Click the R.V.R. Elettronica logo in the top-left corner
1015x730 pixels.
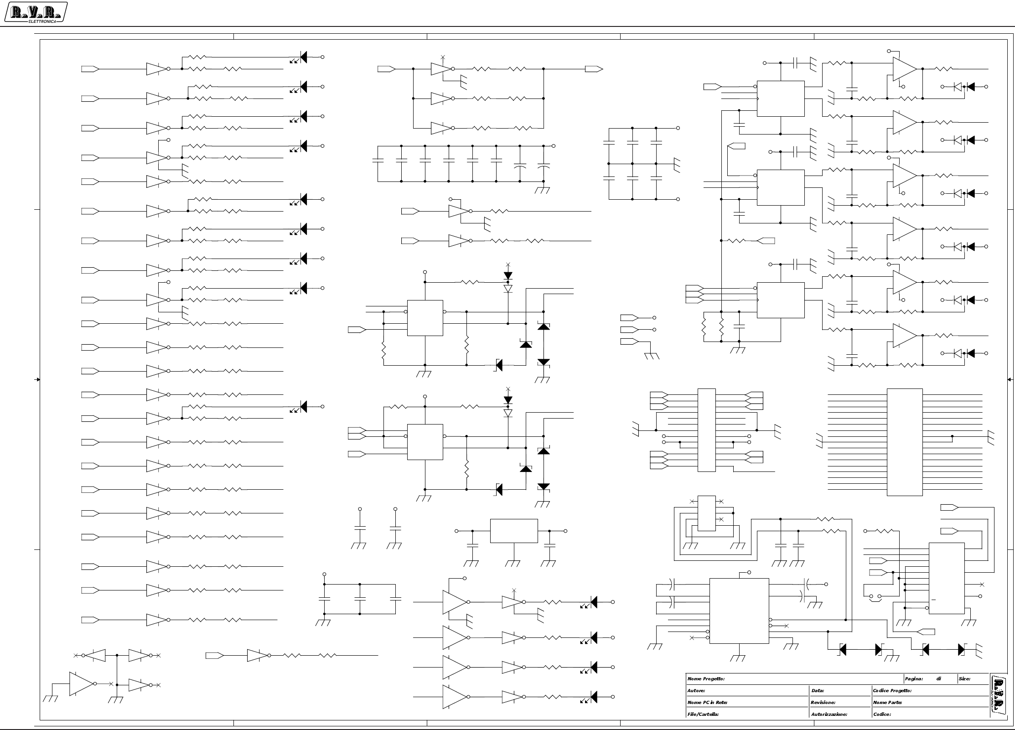[x=36, y=13]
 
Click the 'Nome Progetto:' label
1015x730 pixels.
[x=706, y=679]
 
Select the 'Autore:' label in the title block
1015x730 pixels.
[x=696, y=691]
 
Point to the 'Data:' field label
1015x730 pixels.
[x=818, y=691]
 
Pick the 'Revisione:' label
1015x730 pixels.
[x=823, y=703]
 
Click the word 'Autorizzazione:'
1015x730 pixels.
[x=829, y=714]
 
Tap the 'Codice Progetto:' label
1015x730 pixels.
[x=892, y=691]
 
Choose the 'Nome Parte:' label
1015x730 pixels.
[x=887, y=703]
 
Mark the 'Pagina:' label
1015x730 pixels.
[x=914, y=679]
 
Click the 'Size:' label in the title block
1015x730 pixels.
[x=964, y=679]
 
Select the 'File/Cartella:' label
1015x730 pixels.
[x=703, y=714]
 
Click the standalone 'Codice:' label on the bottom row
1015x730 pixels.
[x=882, y=714]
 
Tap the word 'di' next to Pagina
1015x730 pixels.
[x=938, y=679]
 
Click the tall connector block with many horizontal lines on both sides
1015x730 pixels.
[x=905, y=442]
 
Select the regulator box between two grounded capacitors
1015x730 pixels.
[x=514, y=531]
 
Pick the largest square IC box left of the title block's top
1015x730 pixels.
[x=739, y=611]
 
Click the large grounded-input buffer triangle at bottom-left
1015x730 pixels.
[x=81, y=684]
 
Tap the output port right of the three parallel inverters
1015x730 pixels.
[x=594, y=69]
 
